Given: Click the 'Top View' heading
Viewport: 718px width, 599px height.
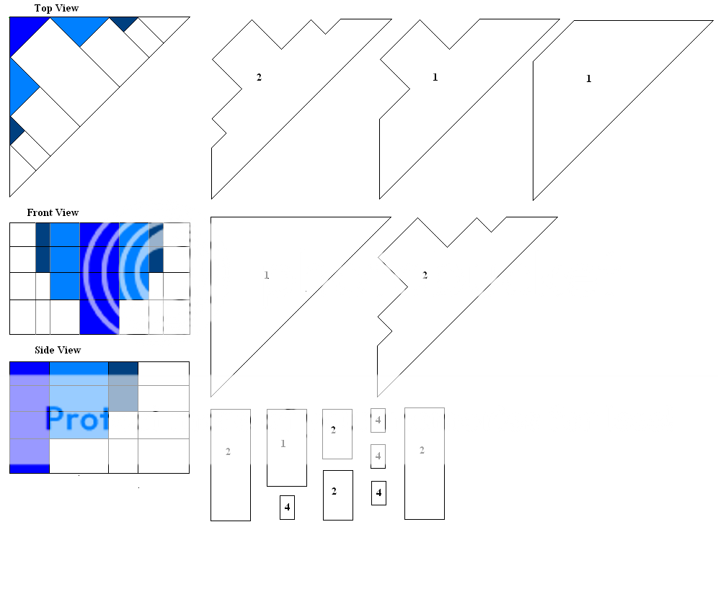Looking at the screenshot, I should (x=56, y=8).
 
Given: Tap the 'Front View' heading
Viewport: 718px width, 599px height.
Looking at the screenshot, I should (x=53, y=212).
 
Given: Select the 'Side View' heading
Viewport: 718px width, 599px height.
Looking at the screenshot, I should (x=58, y=350).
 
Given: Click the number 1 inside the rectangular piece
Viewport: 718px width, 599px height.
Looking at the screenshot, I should (x=283, y=443).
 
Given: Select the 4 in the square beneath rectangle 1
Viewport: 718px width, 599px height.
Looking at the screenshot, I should (x=287, y=508).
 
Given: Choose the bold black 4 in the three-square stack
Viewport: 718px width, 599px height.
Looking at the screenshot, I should (x=378, y=493).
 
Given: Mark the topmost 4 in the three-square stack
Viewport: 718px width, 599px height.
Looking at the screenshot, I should (x=378, y=420).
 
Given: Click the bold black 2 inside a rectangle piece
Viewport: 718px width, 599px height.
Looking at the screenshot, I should (x=334, y=492).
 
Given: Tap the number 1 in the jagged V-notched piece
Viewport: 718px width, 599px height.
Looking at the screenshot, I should (x=435, y=77).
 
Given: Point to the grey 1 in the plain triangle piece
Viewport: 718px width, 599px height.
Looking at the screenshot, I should (x=267, y=275).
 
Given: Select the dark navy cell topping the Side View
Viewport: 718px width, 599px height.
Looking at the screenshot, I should (x=123, y=368).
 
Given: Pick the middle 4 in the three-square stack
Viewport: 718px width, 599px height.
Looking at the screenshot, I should (x=378, y=456).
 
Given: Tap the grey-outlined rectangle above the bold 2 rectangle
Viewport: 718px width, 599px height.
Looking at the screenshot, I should (x=337, y=434).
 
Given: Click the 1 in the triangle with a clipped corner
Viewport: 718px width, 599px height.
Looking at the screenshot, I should (x=588, y=78).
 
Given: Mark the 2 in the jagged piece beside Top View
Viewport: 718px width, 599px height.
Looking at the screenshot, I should (x=259, y=77).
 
